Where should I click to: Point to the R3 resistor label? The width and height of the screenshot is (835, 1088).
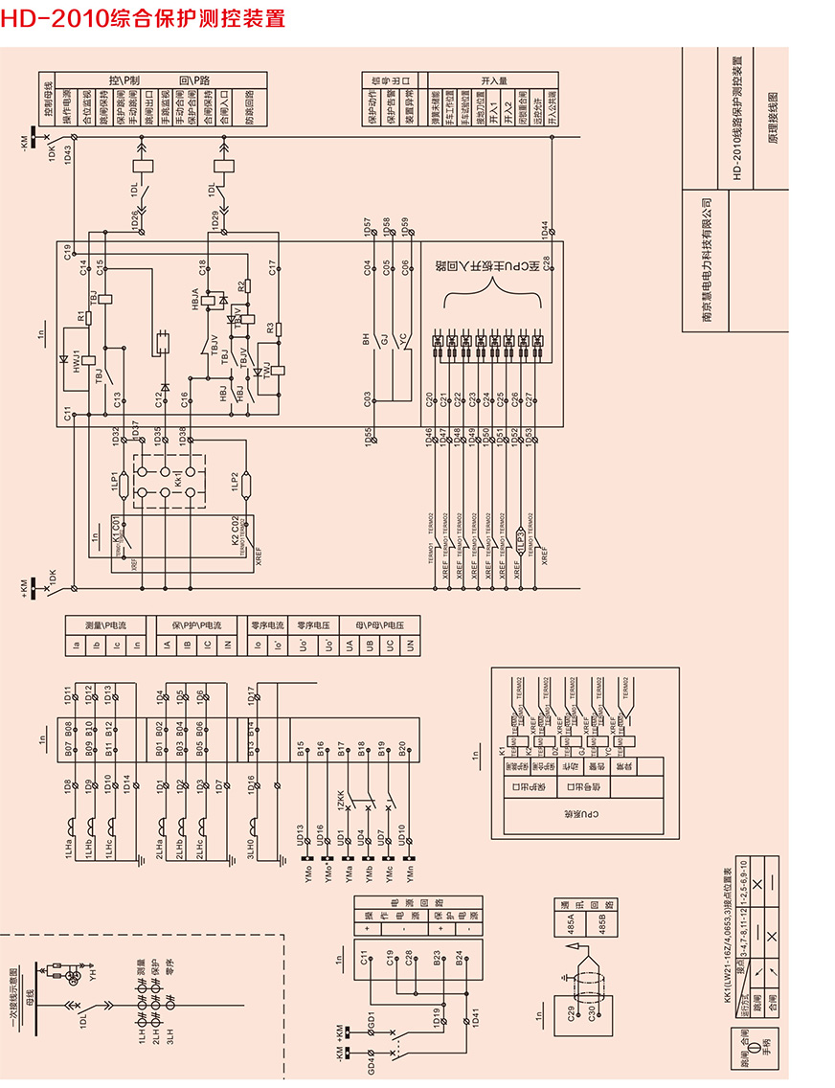tap(271, 329)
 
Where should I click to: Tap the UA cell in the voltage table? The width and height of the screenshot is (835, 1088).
tap(350, 646)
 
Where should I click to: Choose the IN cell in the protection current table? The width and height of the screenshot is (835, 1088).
tap(228, 646)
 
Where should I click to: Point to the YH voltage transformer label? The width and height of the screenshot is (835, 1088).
tap(93, 975)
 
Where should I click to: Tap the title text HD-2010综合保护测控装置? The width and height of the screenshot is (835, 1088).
tap(143, 18)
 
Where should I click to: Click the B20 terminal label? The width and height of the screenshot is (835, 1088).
tap(401, 747)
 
